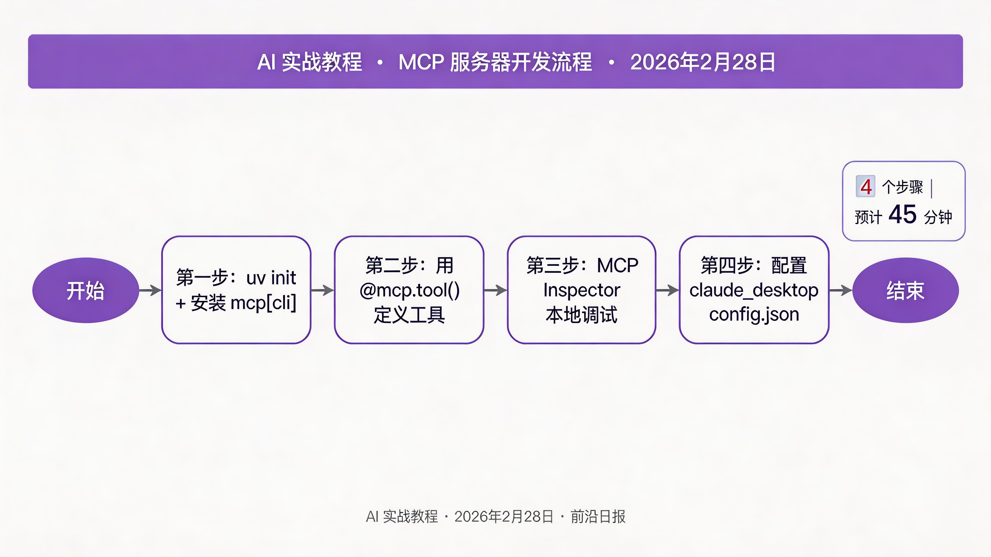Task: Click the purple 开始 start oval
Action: (x=85, y=290)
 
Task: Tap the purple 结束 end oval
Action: (x=905, y=290)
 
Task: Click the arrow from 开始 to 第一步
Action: (x=150, y=290)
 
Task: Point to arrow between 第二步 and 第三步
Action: (x=495, y=290)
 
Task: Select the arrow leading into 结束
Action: (x=841, y=290)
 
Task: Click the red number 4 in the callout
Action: (x=866, y=187)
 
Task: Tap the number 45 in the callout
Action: (x=902, y=214)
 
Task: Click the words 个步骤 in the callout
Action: (x=902, y=187)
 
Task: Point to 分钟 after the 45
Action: (x=938, y=217)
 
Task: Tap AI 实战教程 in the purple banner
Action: (x=310, y=62)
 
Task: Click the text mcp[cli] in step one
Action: (x=263, y=303)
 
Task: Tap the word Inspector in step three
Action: (x=582, y=290)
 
